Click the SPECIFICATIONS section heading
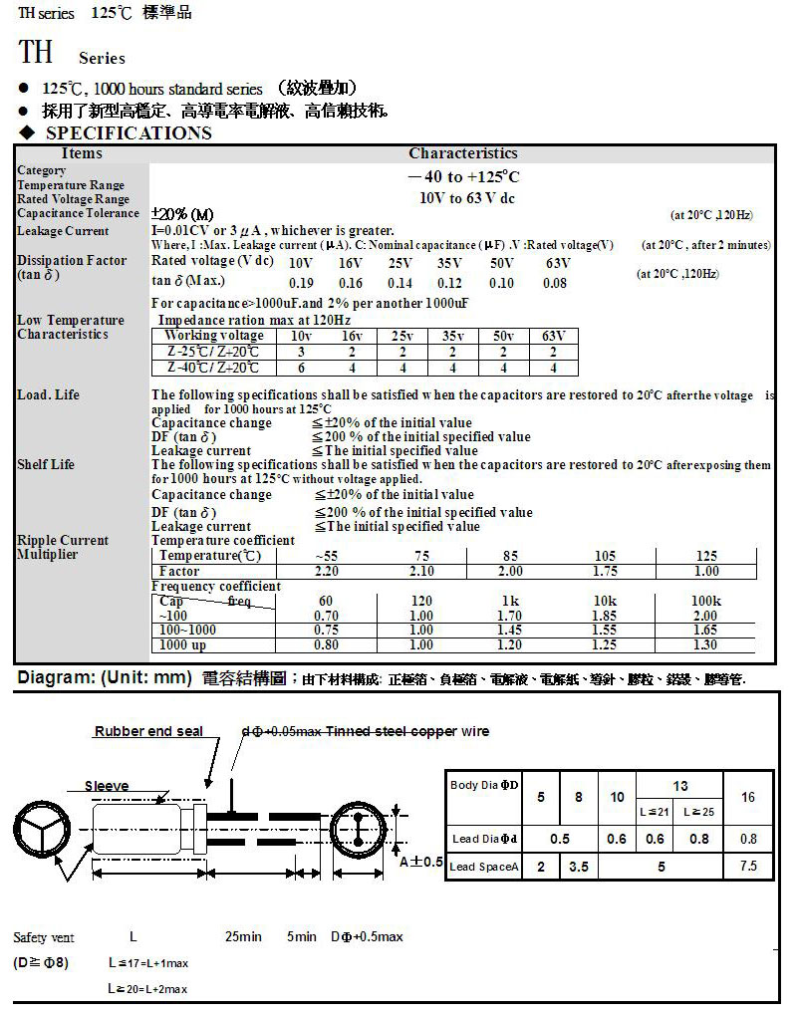pos(129,133)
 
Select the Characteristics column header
pos(462,153)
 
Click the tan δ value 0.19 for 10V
pos(300,283)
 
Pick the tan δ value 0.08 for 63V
pos(554,283)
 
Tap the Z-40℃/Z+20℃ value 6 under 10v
pos(300,368)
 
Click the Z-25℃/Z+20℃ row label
pos(213,352)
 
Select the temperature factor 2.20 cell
pos(326,572)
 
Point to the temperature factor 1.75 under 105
pos(605,572)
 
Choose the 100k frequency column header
pos(705,602)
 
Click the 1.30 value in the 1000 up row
pos(705,644)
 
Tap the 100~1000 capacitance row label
pos(187,630)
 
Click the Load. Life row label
pos(48,395)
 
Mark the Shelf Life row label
pos(46,464)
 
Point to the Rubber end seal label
pos(148,731)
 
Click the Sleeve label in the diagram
pos(106,786)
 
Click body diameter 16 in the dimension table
pos(748,797)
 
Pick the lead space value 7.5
pos(748,867)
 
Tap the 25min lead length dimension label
pos(243,937)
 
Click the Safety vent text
pos(44,937)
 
